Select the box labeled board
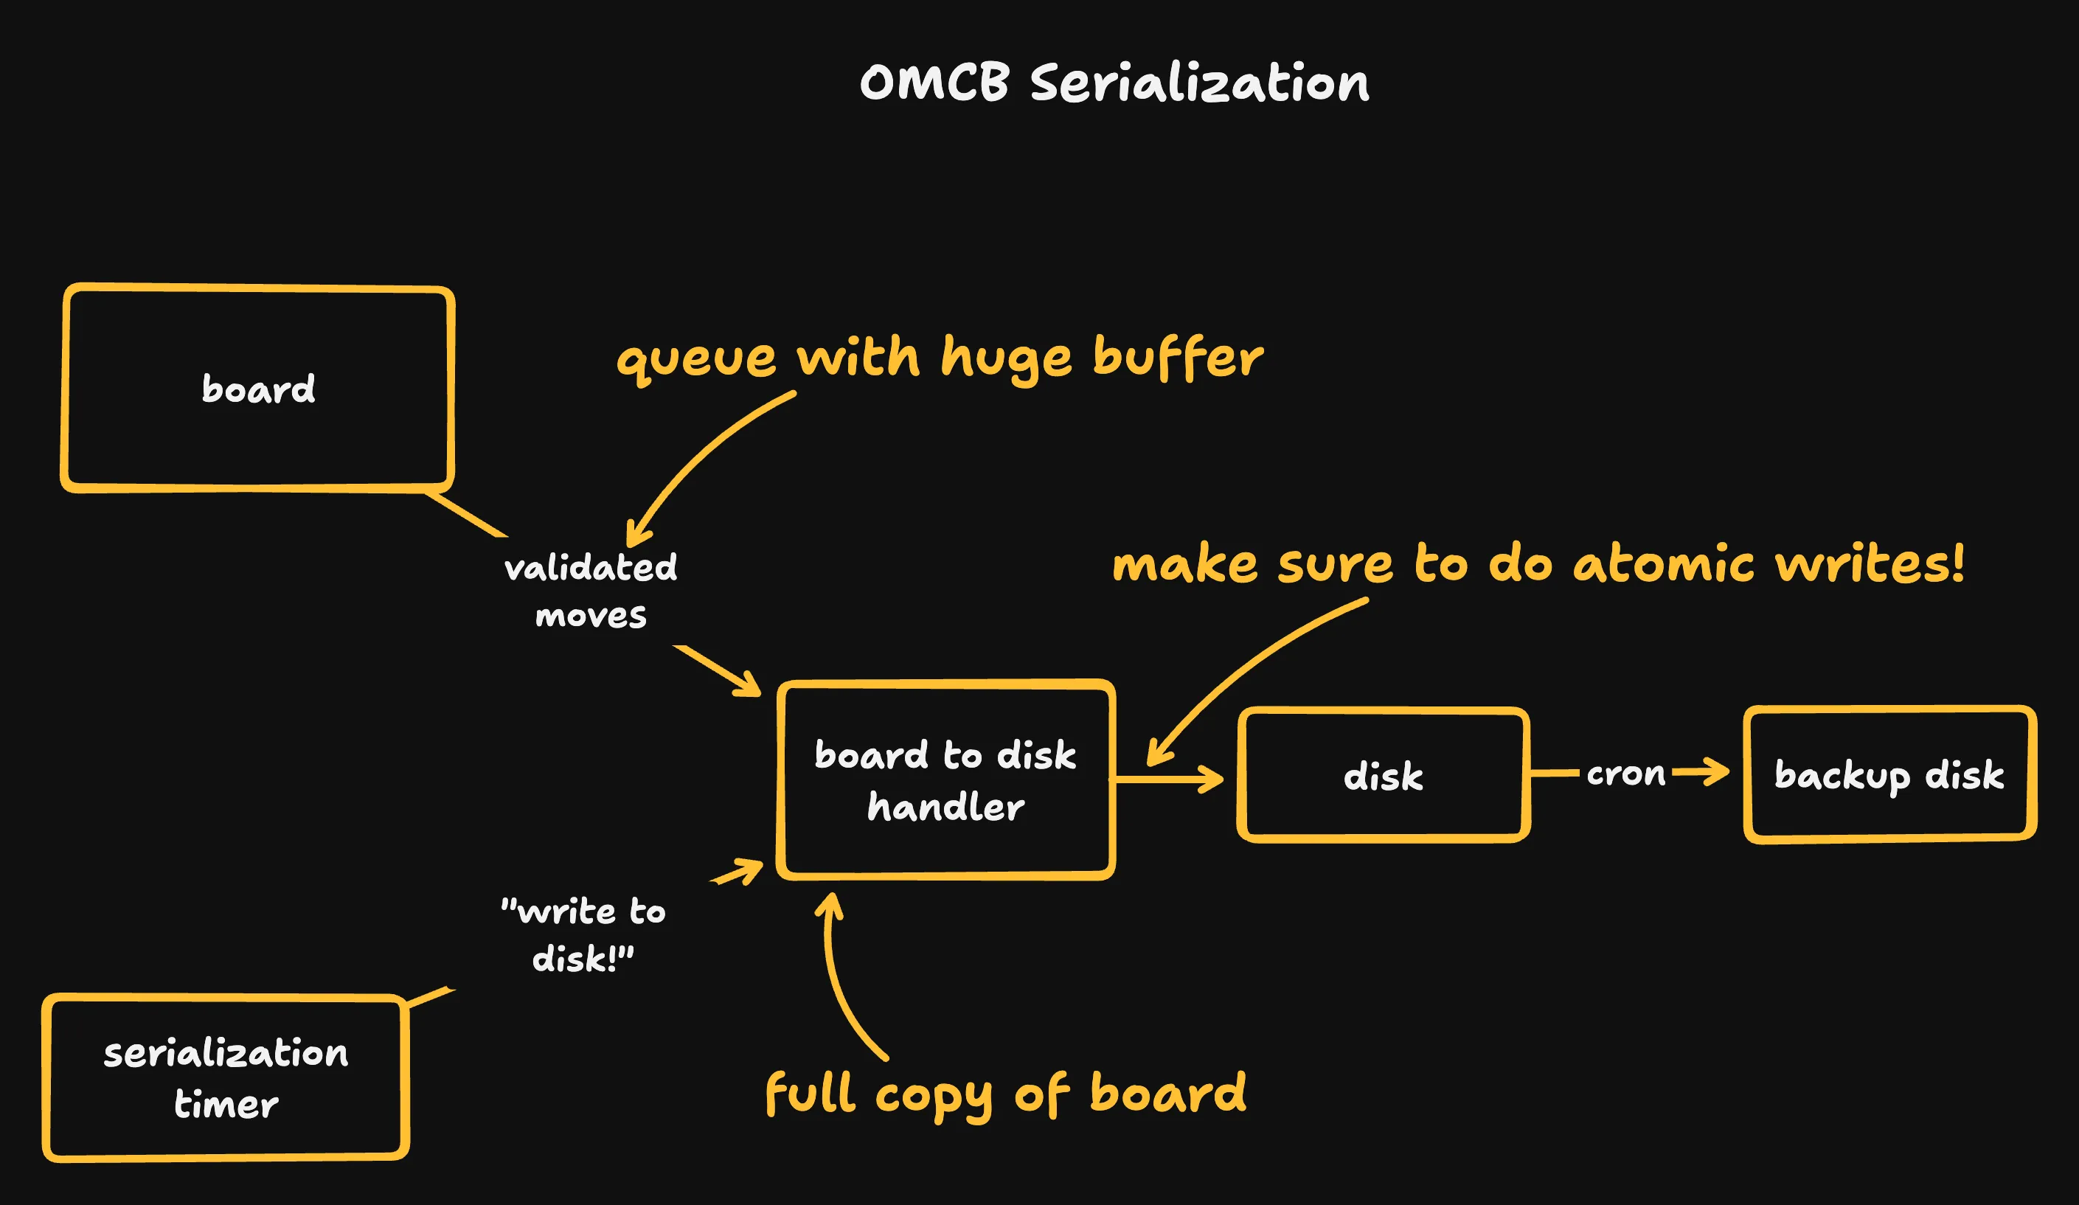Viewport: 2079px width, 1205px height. click(257, 389)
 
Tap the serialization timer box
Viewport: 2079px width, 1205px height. click(225, 1077)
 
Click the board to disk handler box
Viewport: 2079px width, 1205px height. click(945, 780)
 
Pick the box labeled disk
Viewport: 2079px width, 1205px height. click(1383, 776)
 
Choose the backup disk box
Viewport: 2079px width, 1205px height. click(1889, 774)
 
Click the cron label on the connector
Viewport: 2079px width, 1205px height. click(1625, 773)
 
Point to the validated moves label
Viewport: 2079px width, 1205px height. click(591, 591)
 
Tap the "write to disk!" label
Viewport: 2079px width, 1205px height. click(583, 934)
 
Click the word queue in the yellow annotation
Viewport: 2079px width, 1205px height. click(696, 361)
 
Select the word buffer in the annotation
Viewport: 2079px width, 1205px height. click(1177, 360)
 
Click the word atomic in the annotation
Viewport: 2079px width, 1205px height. click(1662, 565)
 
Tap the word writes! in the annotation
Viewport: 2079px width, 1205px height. click(1869, 564)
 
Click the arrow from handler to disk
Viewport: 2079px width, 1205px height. click(1167, 778)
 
